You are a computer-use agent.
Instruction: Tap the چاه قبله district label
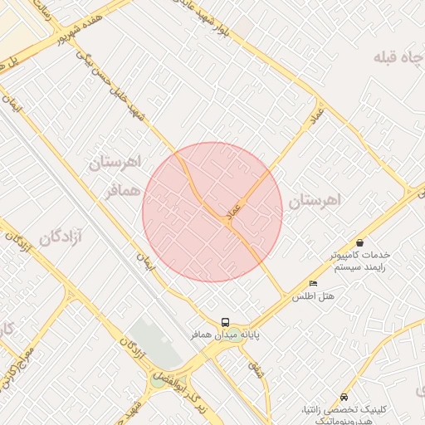[x=396, y=57]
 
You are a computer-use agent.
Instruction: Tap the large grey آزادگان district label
[x=51, y=238]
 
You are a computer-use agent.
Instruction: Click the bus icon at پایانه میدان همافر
[x=225, y=322]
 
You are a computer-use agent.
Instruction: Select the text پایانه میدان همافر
[x=222, y=336]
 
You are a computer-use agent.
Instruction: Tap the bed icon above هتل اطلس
[x=313, y=284]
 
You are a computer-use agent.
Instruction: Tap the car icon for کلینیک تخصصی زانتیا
[x=344, y=397]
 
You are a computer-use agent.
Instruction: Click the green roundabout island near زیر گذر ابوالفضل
[x=158, y=382]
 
